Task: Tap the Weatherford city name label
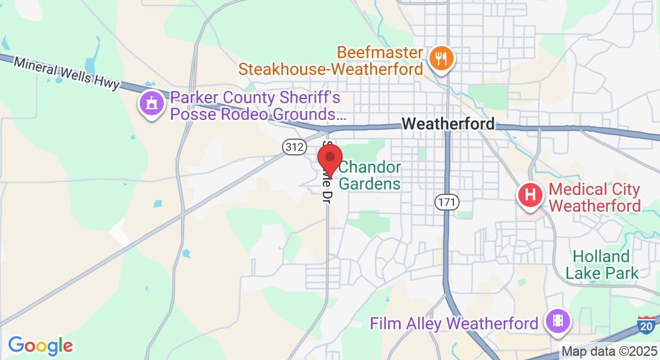click(448, 124)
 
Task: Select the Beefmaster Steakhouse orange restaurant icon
click(442, 58)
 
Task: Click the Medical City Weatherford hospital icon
click(530, 195)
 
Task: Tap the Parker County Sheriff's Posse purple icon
click(152, 103)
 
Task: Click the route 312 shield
click(295, 146)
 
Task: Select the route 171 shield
click(446, 202)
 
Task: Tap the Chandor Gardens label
click(370, 175)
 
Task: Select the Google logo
click(40, 346)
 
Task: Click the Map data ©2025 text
click(608, 352)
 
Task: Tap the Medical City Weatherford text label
click(595, 197)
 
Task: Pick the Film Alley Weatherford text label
click(454, 324)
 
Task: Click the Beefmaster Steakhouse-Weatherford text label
click(331, 61)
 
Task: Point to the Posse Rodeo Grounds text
click(259, 114)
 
